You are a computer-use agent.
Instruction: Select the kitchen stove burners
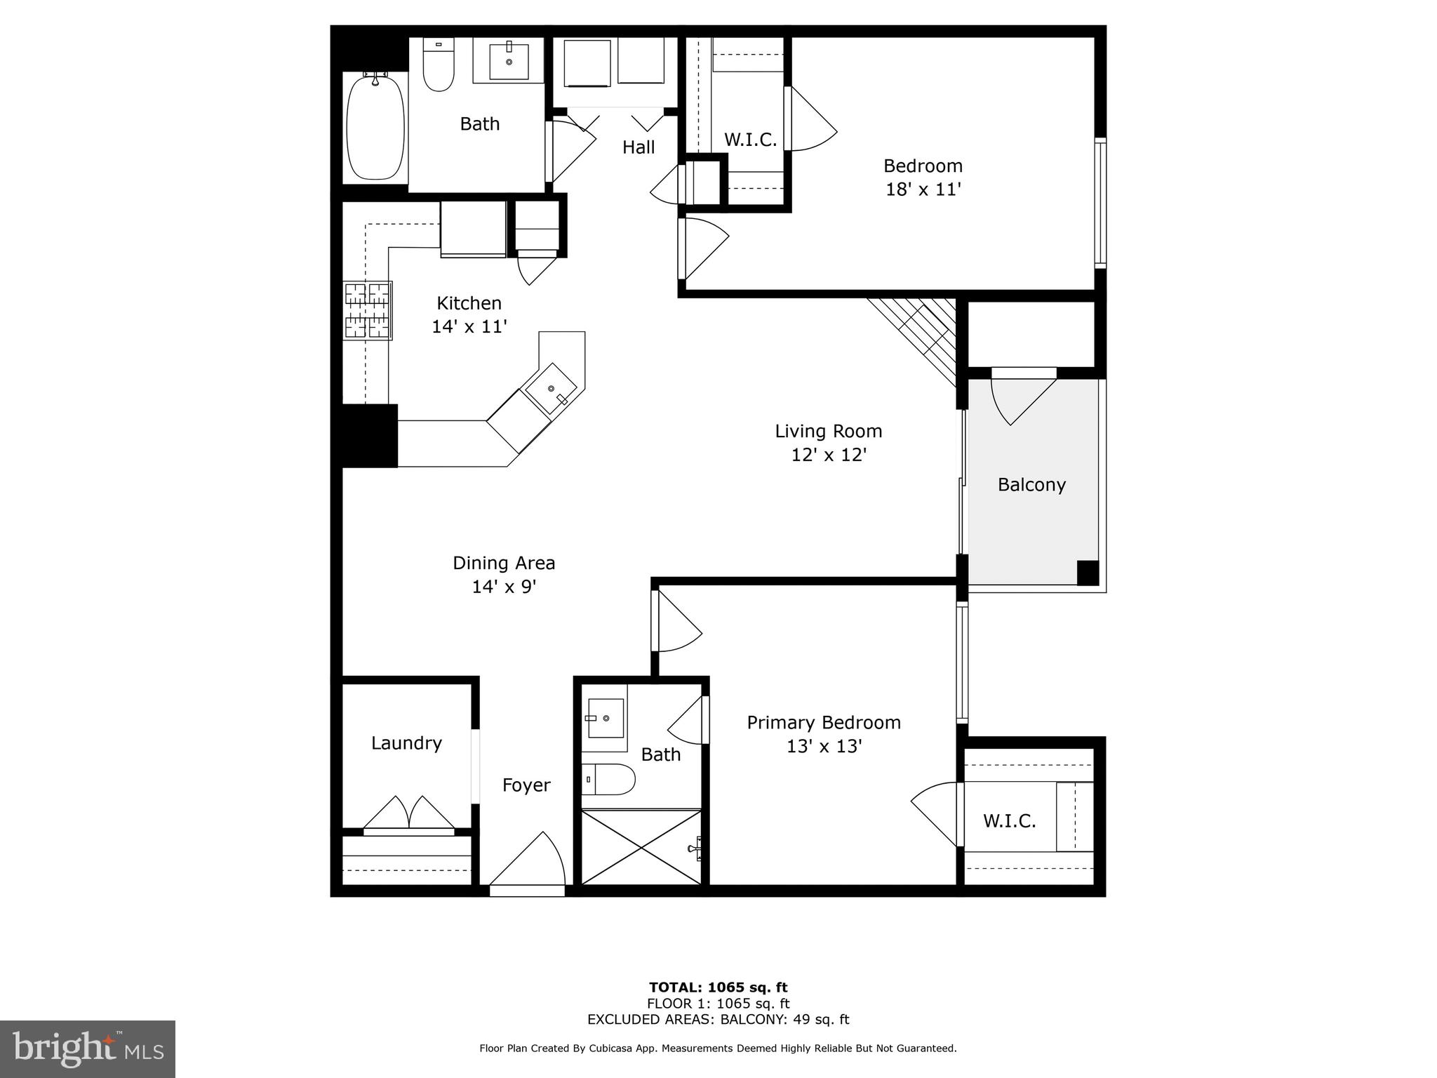tap(367, 310)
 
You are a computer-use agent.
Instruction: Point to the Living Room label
tap(828, 431)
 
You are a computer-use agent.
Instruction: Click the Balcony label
tap(1031, 485)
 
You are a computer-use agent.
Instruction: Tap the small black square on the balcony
tap(1087, 572)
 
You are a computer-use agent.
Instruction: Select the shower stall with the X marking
tap(641, 846)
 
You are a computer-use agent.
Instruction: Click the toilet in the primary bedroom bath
tap(608, 779)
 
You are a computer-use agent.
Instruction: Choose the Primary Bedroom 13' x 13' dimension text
tap(824, 746)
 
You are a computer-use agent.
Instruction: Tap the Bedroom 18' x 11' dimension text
tap(923, 189)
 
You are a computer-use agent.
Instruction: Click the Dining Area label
tap(504, 563)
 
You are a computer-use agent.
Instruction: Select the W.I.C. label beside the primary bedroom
tap(1009, 820)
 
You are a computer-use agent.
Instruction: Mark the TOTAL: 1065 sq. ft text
tap(718, 987)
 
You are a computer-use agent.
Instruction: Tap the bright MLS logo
tap(88, 1049)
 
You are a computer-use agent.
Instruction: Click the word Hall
tap(639, 147)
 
